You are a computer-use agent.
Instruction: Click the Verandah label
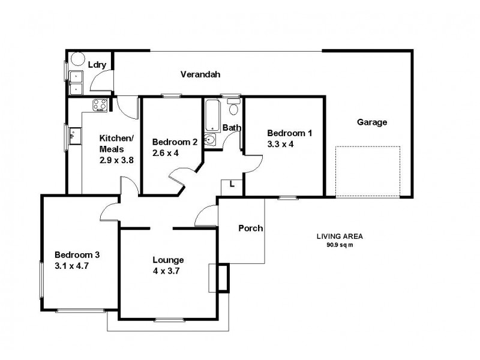(x=200, y=74)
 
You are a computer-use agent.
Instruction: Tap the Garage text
(x=372, y=122)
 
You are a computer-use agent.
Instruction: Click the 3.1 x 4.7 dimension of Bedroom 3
(x=71, y=265)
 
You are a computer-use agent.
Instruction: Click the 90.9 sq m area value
(x=340, y=245)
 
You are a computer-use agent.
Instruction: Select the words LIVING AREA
(x=340, y=236)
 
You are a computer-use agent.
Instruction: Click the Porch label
(x=250, y=228)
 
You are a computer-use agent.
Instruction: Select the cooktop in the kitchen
(x=100, y=106)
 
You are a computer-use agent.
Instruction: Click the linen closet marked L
(x=231, y=187)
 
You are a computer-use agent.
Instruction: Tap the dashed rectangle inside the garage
(x=367, y=171)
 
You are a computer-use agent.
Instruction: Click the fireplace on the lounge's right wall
(x=223, y=278)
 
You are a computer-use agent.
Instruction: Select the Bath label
(x=231, y=128)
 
